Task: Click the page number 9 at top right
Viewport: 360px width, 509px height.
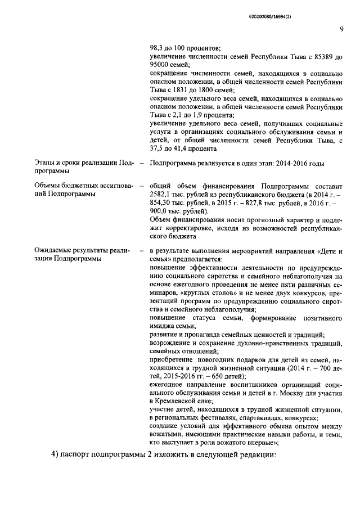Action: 341,30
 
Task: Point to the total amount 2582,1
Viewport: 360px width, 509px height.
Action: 163,194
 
